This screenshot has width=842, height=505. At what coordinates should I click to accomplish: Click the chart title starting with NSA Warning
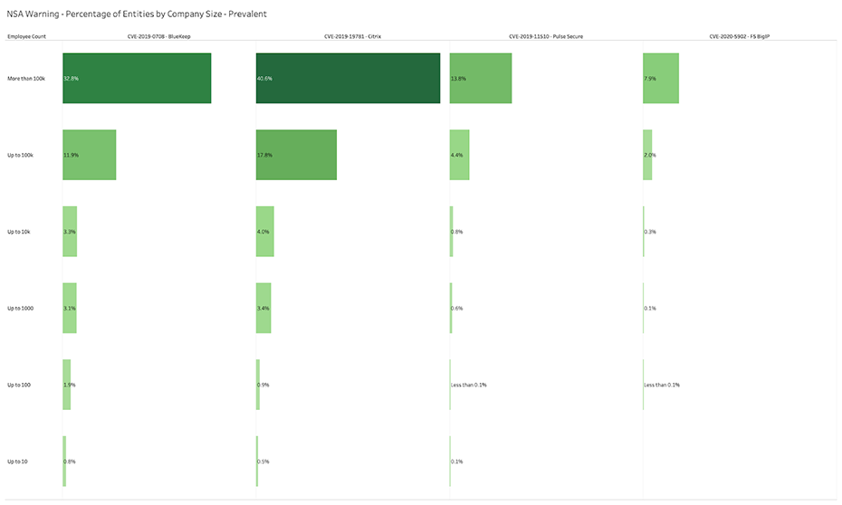point(136,15)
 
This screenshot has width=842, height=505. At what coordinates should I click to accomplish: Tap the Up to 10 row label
point(17,462)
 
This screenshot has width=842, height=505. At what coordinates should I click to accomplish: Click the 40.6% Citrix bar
point(348,78)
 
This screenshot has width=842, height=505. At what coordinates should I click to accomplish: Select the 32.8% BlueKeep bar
point(137,78)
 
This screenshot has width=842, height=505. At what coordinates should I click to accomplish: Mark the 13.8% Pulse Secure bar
point(481,78)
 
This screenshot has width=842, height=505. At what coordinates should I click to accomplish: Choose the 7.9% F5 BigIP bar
point(661,78)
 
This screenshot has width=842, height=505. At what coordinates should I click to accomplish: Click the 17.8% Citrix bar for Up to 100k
point(296,155)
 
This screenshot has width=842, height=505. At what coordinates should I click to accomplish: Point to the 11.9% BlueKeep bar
point(90,155)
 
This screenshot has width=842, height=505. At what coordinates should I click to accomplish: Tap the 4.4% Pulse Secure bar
point(460,155)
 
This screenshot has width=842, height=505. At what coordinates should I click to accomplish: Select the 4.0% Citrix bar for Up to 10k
point(265,232)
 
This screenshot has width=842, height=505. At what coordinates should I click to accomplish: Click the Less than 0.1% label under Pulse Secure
point(469,386)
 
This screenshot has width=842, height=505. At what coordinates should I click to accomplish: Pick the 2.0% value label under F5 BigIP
point(650,156)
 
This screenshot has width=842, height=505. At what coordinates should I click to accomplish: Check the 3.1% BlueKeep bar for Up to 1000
point(70,309)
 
